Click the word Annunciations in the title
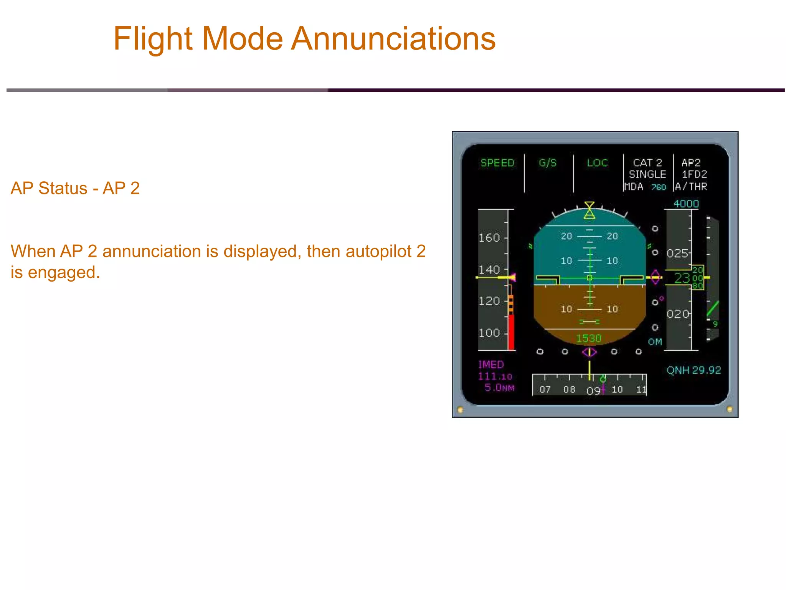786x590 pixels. tap(393, 39)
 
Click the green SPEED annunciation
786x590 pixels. tap(497, 163)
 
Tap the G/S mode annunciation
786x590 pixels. tap(547, 163)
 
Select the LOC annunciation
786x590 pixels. tap(597, 163)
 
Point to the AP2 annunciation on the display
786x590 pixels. tap(691, 163)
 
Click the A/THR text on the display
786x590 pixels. tap(691, 187)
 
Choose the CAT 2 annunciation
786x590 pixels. tap(647, 163)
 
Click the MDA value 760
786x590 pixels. tap(659, 187)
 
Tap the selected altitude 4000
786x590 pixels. tap(686, 204)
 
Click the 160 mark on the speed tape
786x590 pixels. tap(489, 238)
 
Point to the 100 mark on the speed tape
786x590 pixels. tap(489, 333)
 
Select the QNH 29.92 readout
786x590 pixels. tap(694, 370)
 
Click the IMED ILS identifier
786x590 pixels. tap(491, 365)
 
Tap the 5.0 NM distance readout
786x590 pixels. tap(499, 388)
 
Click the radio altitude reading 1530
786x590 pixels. tap(588, 338)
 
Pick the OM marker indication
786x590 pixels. tap(655, 342)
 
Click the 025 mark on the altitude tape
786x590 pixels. tap(677, 254)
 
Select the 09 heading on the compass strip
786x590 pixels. tap(593, 391)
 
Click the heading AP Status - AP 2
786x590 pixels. tap(75, 188)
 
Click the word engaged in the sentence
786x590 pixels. tap(64, 272)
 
